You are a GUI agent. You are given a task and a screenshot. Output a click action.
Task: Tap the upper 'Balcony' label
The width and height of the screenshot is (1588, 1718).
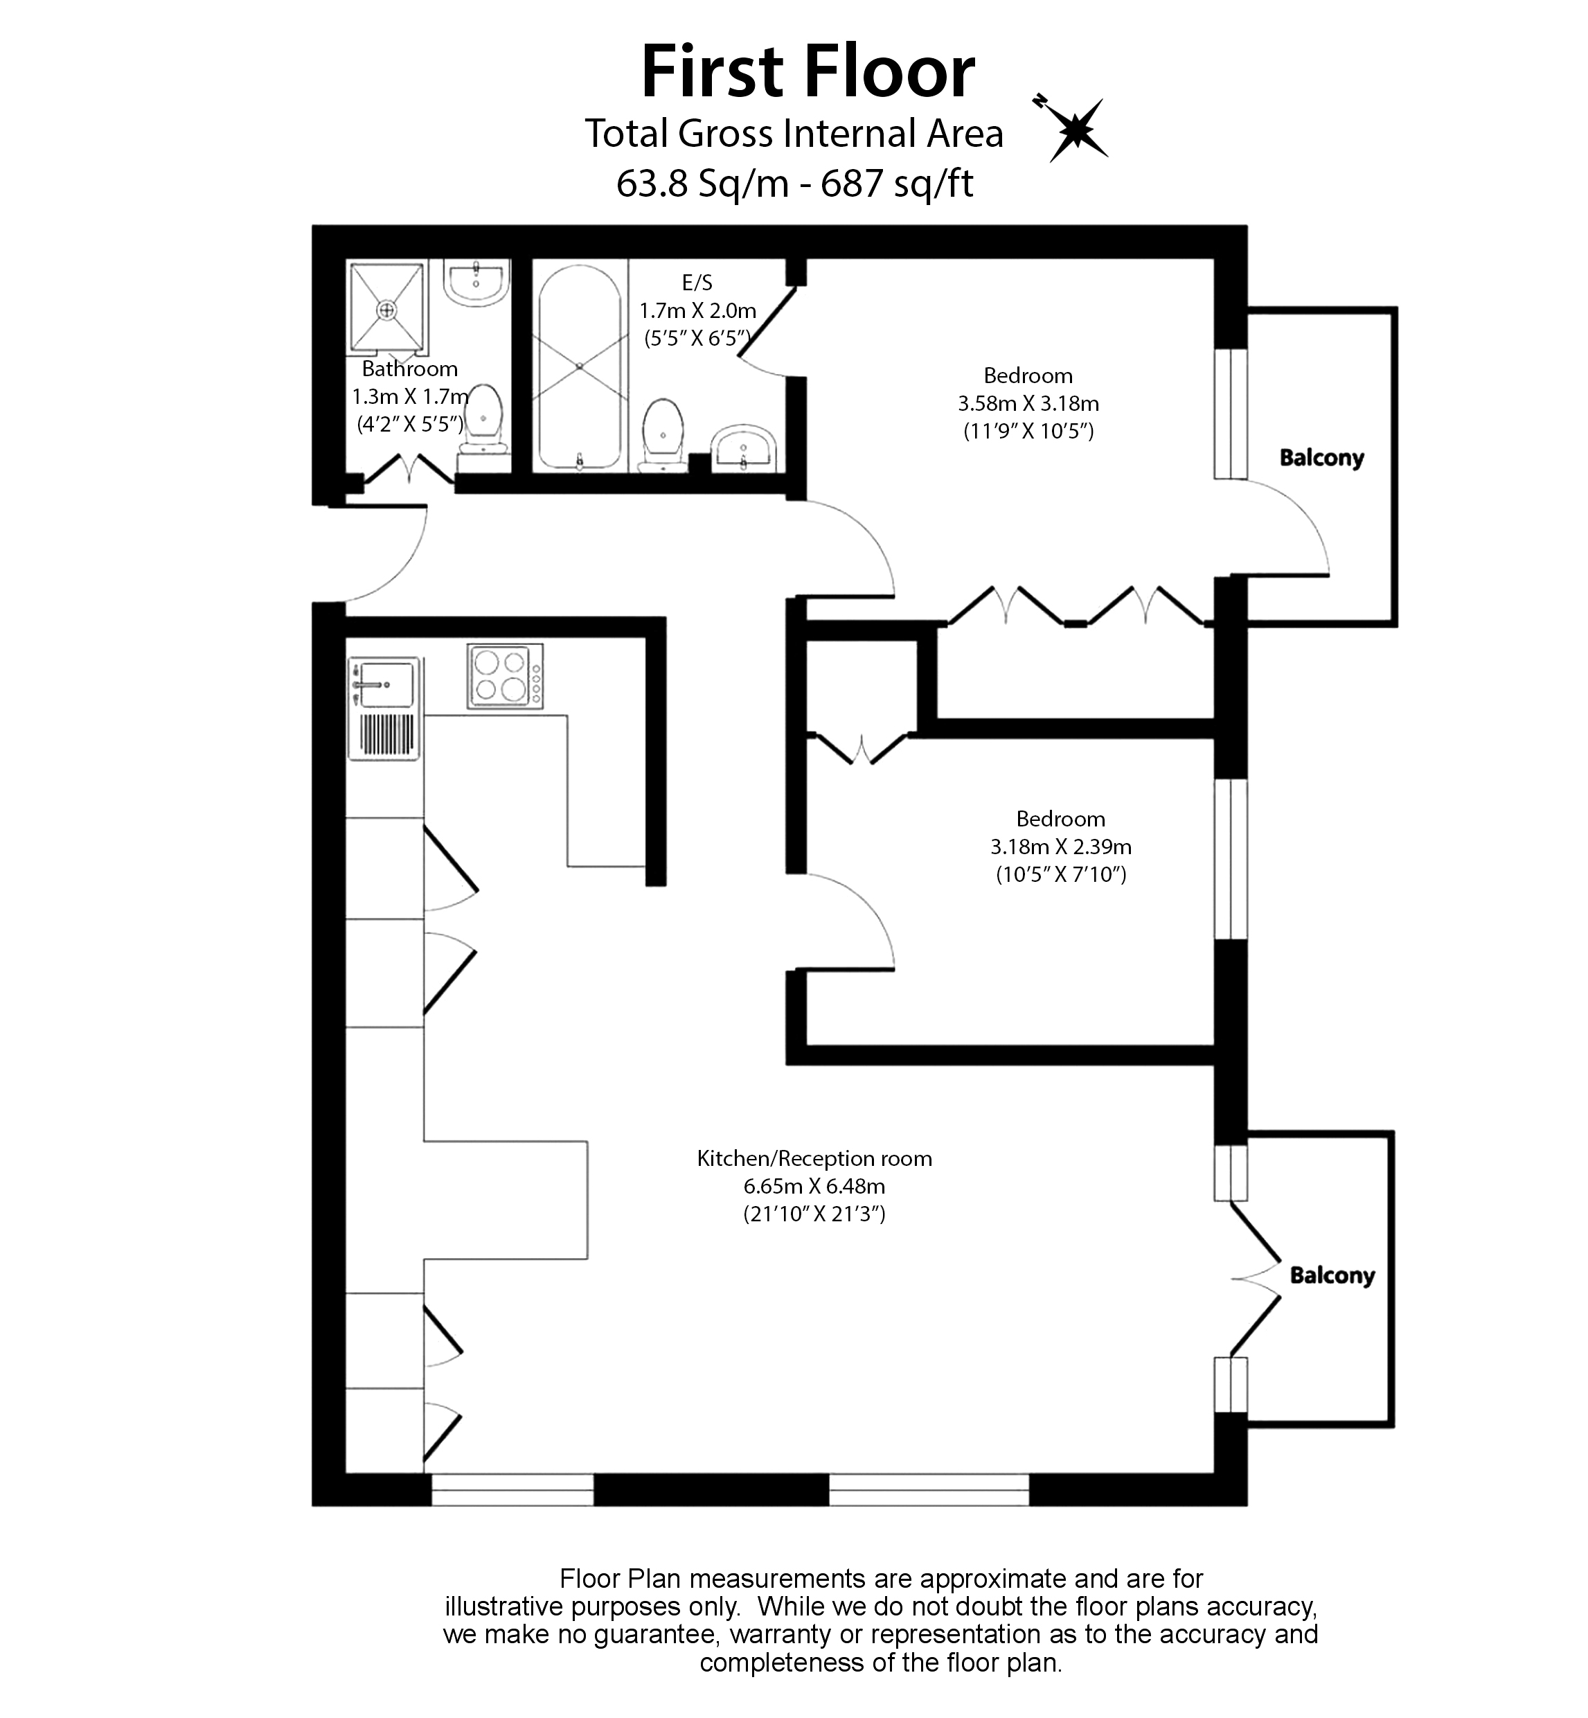[x=1321, y=457]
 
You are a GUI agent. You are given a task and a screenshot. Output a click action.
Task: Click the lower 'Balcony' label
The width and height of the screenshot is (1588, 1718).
[x=1331, y=1275]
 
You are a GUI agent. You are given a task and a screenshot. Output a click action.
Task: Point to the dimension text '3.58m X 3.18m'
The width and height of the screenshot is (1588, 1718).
[x=1028, y=403]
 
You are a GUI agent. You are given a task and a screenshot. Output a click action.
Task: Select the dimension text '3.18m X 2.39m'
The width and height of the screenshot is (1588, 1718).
[x=1060, y=847]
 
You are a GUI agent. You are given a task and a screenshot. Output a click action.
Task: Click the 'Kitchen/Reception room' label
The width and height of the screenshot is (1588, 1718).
[x=814, y=1158]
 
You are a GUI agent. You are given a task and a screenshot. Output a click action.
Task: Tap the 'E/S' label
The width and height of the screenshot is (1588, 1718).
[x=697, y=282]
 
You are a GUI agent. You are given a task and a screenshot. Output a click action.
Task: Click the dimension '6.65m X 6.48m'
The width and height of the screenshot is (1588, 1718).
[x=814, y=1186]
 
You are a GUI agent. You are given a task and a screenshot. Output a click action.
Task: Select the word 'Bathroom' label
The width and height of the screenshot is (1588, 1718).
[x=409, y=369]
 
